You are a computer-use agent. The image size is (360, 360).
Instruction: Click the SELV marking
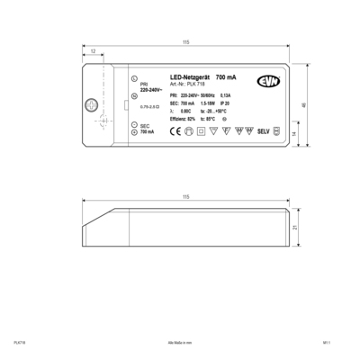263,131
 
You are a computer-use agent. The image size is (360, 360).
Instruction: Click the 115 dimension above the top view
186,44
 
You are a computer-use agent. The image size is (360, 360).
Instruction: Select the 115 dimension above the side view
186,196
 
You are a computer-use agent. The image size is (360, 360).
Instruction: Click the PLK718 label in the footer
19,342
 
